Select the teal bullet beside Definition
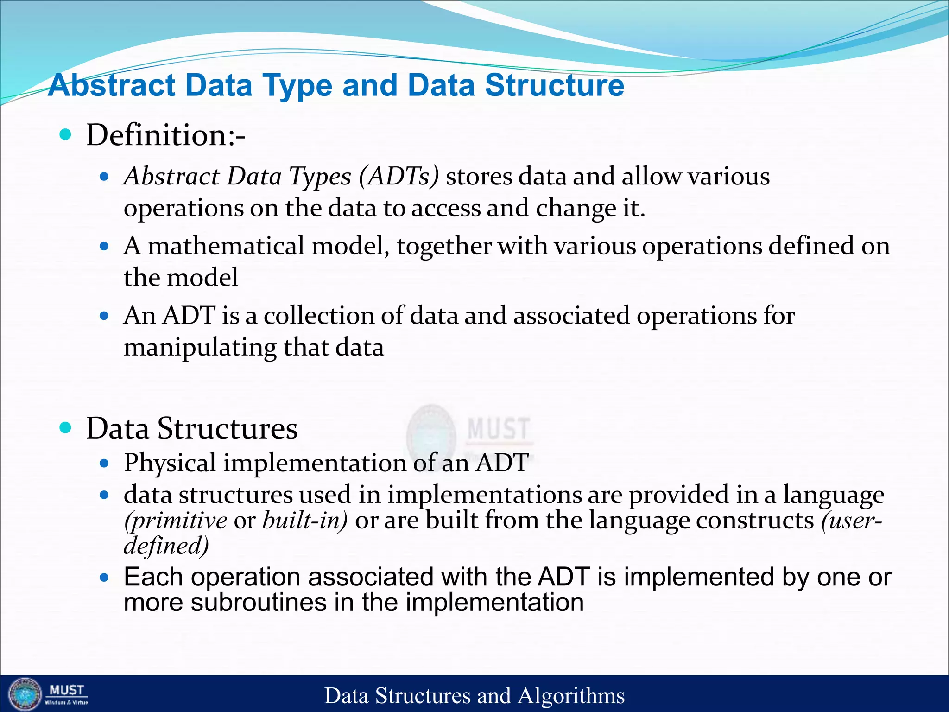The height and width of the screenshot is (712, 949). (66, 135)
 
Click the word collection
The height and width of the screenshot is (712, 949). (319, 316)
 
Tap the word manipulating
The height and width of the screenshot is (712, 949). (200, 347)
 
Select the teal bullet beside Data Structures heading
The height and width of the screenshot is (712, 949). (66, 427)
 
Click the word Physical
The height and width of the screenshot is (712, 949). (170, 463)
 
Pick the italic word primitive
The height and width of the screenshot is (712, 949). (176, 521)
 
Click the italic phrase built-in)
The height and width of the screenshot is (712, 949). (304, 520)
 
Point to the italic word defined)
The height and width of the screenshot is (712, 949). (166, 546)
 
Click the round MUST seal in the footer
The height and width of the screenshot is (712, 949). (25, 694)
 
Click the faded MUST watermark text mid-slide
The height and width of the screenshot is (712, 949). (498, 428)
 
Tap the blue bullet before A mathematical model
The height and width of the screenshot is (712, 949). (104, 246)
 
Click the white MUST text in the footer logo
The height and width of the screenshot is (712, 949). (67, 690)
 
